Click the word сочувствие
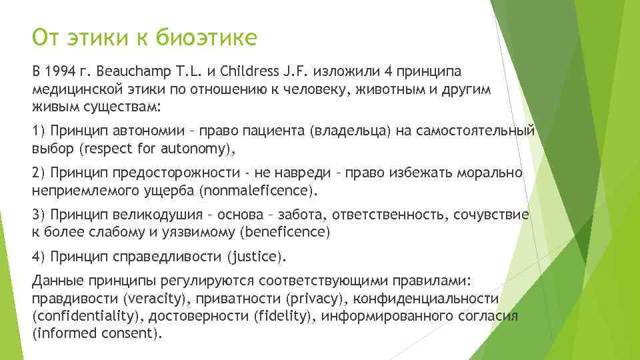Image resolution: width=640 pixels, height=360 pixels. click(495, 215)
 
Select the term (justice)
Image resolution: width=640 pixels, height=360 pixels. click(257, 257)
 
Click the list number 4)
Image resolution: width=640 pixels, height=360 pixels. click(39, 257)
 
